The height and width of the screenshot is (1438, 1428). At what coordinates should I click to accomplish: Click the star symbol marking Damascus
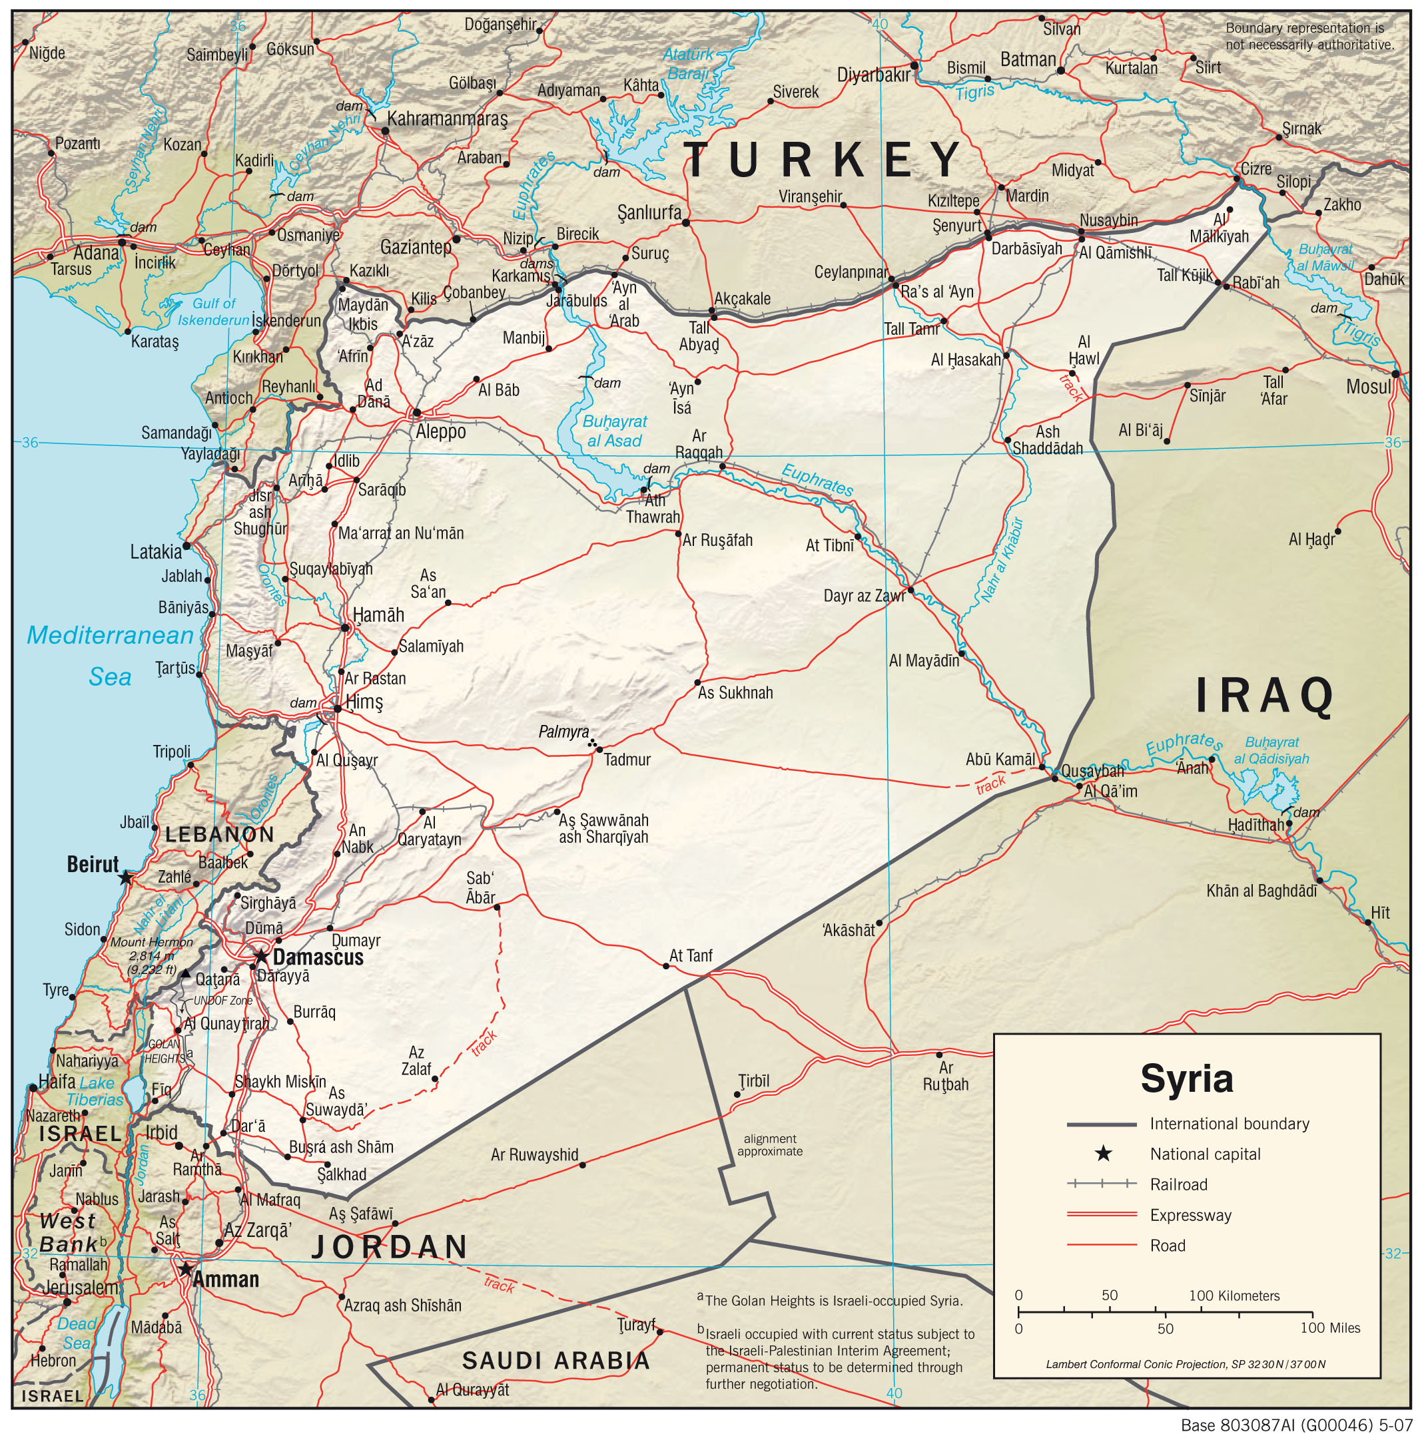[261, 956]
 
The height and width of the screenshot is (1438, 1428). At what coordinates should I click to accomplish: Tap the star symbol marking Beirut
[126, 878]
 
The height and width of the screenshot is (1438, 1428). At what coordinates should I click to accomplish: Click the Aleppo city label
[440, 431]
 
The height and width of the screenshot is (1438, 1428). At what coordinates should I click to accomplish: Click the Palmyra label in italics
[563, 732]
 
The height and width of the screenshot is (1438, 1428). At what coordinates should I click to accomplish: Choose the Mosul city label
[1367, 386]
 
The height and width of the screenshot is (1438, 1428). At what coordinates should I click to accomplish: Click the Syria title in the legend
[1187, 1078]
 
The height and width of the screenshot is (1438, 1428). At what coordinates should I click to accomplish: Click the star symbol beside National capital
[1103, 1154]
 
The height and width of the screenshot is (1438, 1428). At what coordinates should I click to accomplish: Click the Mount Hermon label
[151, 942]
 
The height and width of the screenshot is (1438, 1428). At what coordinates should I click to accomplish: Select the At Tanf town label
[690, 956]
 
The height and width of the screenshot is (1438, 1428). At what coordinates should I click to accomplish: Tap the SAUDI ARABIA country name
[556, 1361]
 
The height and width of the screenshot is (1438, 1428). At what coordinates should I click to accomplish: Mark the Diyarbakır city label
[873, 75]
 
